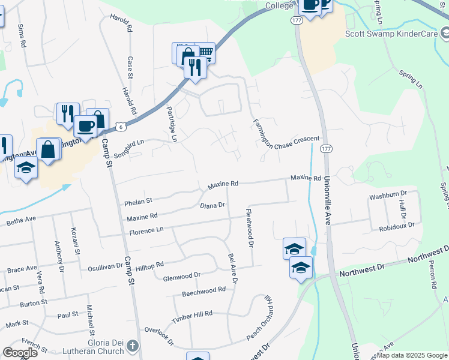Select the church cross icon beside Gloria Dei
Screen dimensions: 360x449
tap(133, 346)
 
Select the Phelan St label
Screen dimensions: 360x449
tap(139, 200)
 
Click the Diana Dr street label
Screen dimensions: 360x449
tap(212, 205)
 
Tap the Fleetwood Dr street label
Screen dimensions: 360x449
tap(249, 227)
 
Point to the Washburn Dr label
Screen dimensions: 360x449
tap(388, 195)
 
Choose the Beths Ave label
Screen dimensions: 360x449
tap(22, 221)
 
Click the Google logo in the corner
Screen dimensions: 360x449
tap(20, 352)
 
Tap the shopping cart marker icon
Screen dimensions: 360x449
tap(205, 53)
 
